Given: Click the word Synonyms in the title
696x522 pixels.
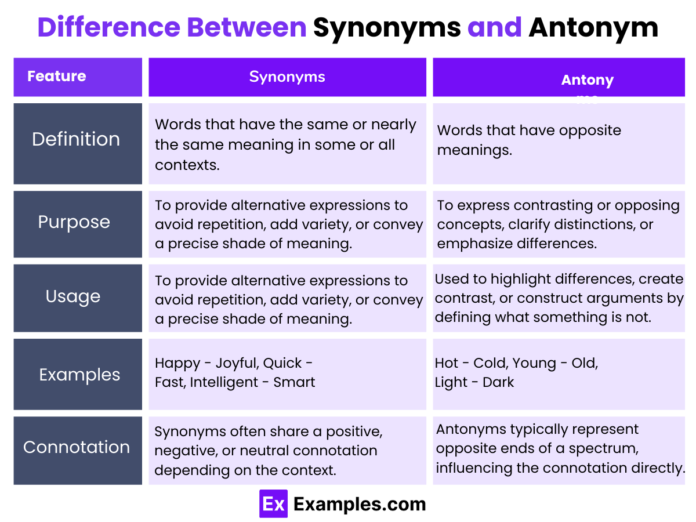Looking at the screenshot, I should [387, 28].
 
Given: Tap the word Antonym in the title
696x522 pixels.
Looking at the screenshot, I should [593, 28].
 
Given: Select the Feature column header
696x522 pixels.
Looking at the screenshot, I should [57, 76].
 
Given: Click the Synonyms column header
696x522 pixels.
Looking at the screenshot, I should [287, 77].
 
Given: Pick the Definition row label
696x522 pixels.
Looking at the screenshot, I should [76, 139].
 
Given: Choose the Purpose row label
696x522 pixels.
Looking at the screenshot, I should [74, 222].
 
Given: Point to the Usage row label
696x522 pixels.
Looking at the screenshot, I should [73, 296].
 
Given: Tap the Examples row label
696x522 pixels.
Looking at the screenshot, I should [79, 375].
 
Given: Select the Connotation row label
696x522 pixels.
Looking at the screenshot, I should [77, 447].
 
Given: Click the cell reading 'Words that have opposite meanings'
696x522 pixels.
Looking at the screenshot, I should [529, 140].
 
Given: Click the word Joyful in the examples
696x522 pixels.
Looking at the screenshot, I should [236, 363].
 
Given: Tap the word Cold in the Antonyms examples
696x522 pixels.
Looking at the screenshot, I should [490, 363].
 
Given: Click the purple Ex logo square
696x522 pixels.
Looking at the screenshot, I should [273, 504].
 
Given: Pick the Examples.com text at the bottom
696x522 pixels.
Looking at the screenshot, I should [360, 504].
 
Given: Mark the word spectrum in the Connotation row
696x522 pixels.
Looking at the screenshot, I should [617, 448].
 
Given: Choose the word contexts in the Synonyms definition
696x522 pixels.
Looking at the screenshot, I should [187, 164].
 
